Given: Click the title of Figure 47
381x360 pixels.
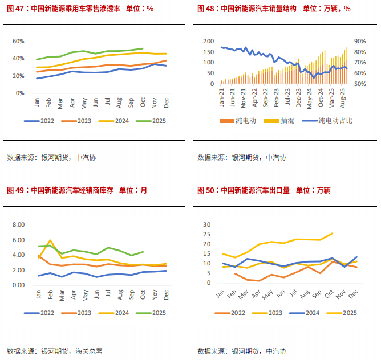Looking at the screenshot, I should (x=80, y=9).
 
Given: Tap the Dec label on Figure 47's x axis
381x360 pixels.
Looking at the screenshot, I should (x=166, y=103).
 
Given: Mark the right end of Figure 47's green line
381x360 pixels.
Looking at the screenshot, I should (x=143, y=48).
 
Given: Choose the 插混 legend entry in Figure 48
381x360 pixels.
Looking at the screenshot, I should (x=287, y=121).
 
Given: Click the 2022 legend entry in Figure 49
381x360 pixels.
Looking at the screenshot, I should (x=47, y=313).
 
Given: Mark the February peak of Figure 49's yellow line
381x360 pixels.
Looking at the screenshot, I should (x=50, y=240).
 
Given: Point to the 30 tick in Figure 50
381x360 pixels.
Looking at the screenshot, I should (x=207, y=224).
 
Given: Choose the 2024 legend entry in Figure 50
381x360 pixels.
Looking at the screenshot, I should (x=309, y=313).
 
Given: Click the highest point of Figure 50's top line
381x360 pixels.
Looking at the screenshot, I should (x=333, y=233).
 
